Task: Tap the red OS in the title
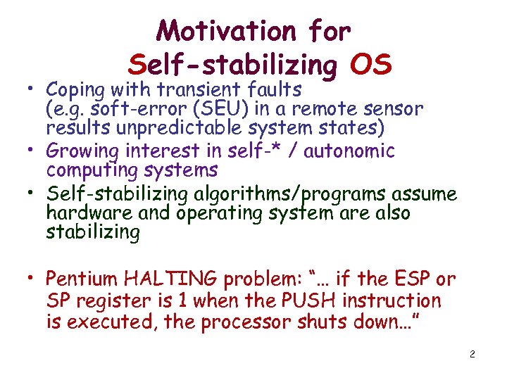click(370, 65)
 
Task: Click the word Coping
click(75, 90)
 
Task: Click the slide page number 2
click(472, 354)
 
